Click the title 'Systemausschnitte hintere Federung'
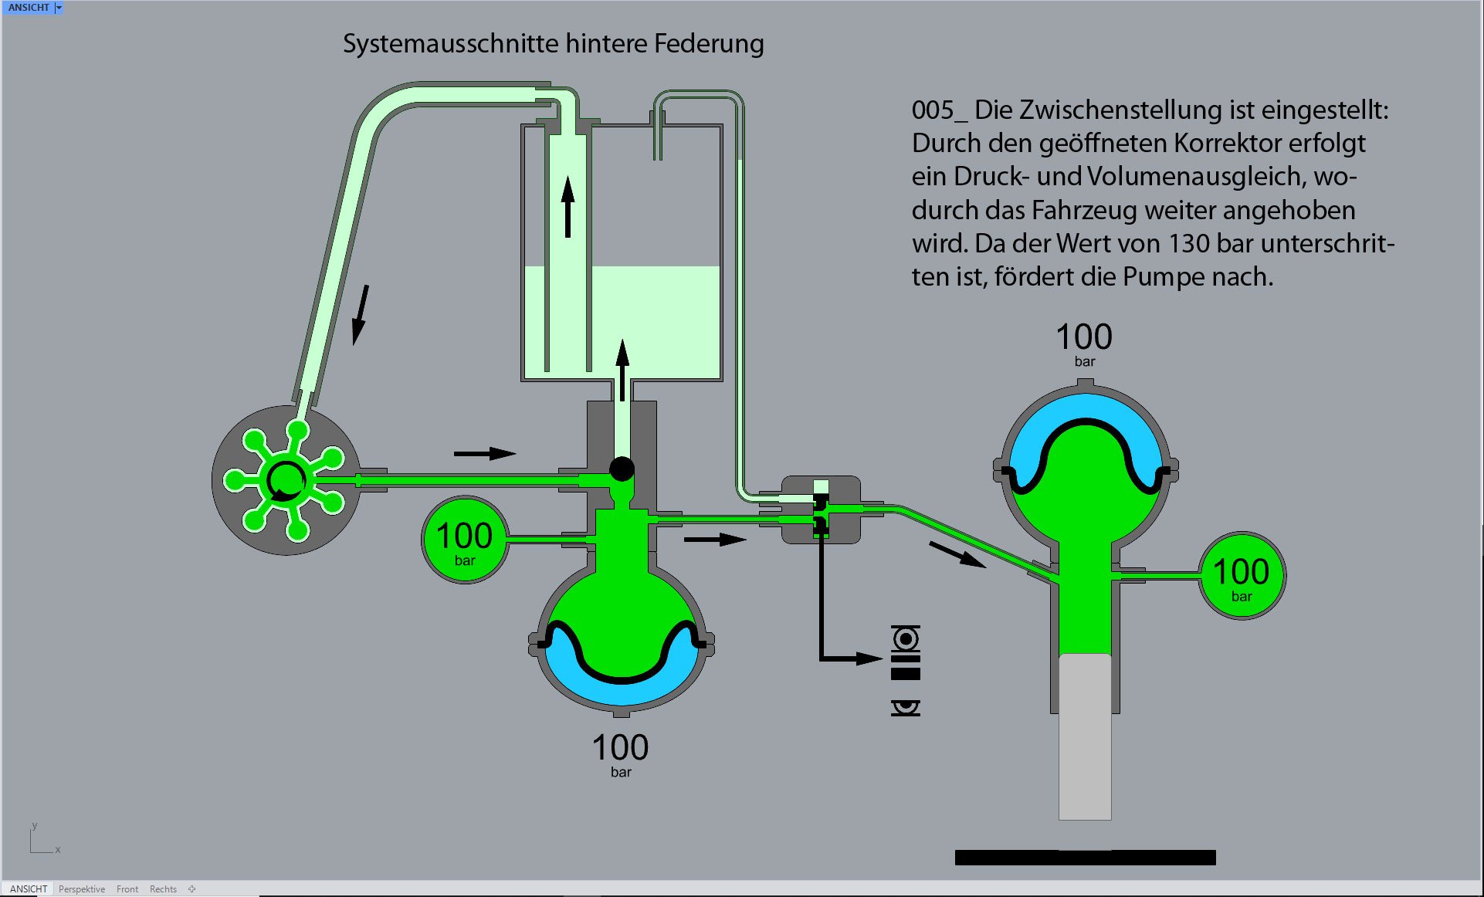click(x=553, y=44)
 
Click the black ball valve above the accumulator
click(x=622, y=469)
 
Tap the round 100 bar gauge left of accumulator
click(x=464, y=540)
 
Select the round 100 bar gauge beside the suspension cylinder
click(x=1241, y=575)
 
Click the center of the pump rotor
click(x=285, y=480)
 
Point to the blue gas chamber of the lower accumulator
click(x=621, y=691)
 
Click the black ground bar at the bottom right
click(x=1085, y=857)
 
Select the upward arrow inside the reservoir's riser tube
click(x=568, y=206)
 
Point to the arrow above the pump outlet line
click(x=484, y=453)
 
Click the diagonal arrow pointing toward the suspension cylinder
click(x=957, y=553)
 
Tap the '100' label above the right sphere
click(x=1084, y=337)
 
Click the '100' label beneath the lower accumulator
click(x=620, y=747)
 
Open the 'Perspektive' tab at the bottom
click(x=82, y=889)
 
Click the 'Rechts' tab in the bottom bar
click(x=163, y=889)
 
